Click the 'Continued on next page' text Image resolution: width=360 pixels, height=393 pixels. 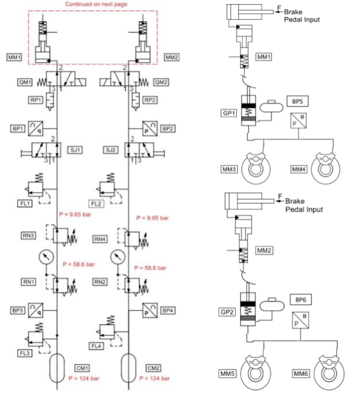(96, 4)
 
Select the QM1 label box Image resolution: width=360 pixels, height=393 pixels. (25, 82)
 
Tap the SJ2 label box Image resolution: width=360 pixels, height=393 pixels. (111, 150)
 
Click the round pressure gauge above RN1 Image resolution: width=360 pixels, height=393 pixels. (46, 257)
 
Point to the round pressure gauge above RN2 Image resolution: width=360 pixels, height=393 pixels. (118, 257)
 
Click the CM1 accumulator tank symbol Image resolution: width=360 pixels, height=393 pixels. (57, 368)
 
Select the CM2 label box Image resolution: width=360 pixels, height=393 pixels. (153, 368)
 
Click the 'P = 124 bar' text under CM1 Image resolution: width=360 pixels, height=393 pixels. (83, 378)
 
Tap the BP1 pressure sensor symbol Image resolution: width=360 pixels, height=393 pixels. (36, 129)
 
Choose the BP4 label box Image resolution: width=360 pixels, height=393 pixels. (168, 310)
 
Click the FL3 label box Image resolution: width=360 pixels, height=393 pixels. (25, 353)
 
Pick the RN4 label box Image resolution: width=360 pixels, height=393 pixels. (100, 239)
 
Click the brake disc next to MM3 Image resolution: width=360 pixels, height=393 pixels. (255, 169)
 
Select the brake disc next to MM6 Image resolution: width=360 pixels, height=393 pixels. (329, 373)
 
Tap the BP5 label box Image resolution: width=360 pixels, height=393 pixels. (297, 101)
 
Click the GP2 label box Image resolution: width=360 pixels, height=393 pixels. (227, 312)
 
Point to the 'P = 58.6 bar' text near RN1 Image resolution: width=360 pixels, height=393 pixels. (79, 264)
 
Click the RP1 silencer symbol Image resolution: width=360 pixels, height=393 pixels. (50, 102)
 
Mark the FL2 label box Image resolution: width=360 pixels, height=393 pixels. (96, 204)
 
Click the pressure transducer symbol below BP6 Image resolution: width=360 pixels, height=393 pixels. (300, 320)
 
